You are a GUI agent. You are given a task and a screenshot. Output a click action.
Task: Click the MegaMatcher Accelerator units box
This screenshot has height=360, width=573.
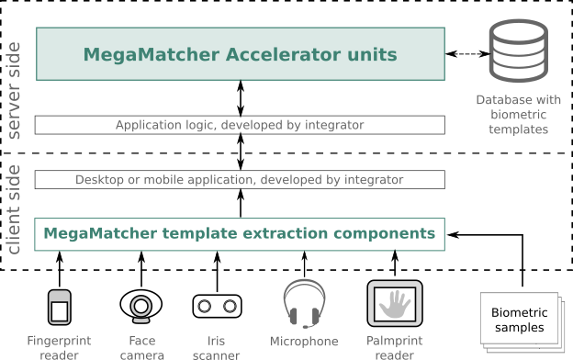240,54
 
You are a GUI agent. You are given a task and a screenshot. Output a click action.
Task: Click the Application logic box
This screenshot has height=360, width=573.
240,125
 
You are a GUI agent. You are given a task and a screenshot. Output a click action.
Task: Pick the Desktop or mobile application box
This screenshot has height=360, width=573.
240,179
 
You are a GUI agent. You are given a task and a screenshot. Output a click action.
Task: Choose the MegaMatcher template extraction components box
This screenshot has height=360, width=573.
240,233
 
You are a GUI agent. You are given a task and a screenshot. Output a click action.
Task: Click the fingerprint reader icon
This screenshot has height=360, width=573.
60,307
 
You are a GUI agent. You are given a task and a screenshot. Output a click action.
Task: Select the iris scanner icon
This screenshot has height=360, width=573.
218,306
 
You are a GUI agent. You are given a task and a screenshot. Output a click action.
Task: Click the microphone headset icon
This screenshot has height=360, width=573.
304,304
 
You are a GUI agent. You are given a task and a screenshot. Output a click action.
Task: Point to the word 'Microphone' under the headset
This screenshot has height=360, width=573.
304,342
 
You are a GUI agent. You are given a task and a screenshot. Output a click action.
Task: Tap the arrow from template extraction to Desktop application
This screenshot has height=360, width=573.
241,203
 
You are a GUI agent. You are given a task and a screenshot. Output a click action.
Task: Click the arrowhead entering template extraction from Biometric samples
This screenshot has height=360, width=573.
453,234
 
